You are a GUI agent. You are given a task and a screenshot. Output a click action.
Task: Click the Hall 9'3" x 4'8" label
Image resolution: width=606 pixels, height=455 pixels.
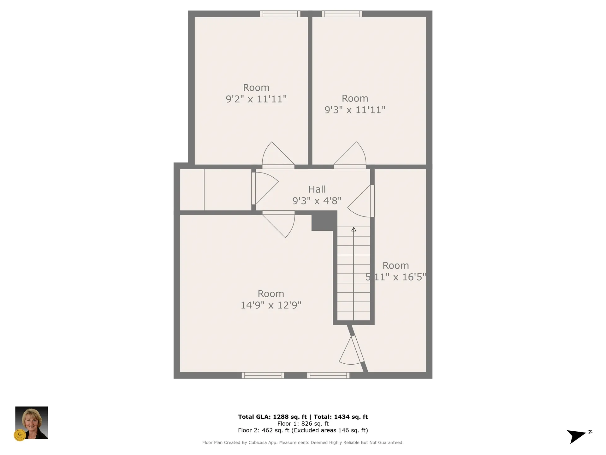click(317, 195)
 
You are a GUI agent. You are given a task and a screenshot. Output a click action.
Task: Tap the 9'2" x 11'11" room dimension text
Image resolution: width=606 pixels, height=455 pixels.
click(256, 99)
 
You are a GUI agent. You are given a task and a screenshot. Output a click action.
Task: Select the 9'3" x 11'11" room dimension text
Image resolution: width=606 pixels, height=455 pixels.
click(355, 110)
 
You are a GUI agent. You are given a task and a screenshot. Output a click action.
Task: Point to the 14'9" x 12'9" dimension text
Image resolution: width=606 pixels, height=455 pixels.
click(271, 305)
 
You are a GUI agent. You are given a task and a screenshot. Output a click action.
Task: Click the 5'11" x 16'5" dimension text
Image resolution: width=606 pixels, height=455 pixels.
click(396, 277)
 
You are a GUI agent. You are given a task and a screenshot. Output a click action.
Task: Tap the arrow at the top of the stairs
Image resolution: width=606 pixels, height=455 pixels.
click(354, 229)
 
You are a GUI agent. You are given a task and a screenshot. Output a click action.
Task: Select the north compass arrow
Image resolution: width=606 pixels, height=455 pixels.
click(576, 436)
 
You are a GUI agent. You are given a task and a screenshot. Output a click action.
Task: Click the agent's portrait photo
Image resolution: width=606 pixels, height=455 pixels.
click(32, 422)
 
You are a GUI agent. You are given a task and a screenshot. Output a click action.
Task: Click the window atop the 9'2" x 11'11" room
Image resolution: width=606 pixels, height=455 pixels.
click(280, 14)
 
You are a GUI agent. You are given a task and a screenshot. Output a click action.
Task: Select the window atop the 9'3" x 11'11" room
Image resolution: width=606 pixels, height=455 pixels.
click(342, 14)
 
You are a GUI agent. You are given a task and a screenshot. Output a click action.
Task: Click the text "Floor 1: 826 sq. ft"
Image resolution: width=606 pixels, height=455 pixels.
click(303, 424)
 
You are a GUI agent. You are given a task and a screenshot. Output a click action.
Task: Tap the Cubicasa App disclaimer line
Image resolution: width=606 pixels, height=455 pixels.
click(303, 443)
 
